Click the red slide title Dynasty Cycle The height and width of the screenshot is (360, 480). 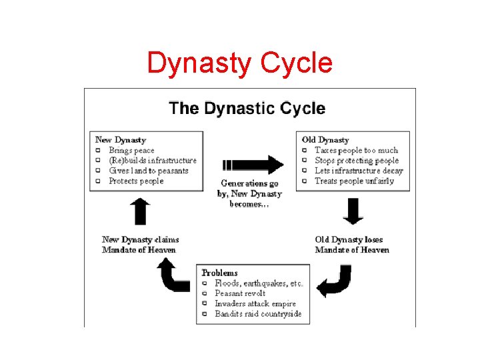click(x=239, y=63)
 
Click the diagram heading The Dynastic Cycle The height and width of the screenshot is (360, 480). click(x=247, y=108)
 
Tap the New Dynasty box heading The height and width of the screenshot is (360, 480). click(x=121, y=140)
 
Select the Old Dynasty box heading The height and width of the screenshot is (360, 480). click(x=325, y=140)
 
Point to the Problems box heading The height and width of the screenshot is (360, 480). click(x=219, y=273)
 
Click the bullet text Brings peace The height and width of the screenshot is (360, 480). click(x=131, y=150)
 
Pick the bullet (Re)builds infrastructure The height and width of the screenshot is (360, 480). click(x=153, y=160)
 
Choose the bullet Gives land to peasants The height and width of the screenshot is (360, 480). click(x=149, y=171)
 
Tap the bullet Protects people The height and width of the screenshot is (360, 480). click(x=136, y=181)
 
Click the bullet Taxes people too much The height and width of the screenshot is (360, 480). click(x=356, y=150)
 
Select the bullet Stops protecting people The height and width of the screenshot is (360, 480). click(x=357, y=160)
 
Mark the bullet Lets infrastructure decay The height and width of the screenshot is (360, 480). click(x=359, y=171)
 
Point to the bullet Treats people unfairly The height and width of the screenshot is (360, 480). click(x=354, y=181)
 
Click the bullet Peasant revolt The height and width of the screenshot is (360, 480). click(x=240, y=293)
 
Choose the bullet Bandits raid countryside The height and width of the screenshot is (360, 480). click(x=258, y=313)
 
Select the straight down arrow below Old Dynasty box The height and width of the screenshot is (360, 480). click(x=352, y=211)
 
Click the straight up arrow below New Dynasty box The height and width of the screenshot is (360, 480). click(x=141, y=211)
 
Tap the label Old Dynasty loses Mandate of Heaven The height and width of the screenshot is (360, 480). click(x=352, y=245)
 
